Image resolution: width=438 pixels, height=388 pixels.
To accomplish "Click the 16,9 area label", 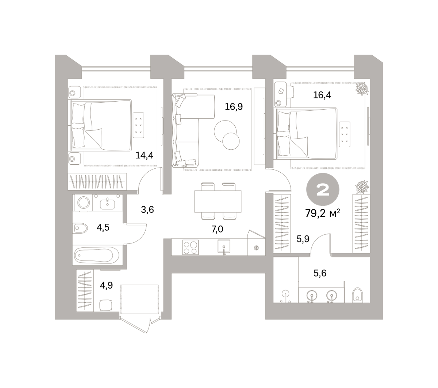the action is [234, 107].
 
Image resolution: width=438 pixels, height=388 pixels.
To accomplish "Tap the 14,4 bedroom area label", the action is [144, 155].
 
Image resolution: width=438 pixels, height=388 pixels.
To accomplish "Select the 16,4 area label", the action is [322, 95].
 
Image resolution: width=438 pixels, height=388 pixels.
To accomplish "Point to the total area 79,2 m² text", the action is [323, 213].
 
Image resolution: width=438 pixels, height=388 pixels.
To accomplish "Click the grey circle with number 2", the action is [323, 189].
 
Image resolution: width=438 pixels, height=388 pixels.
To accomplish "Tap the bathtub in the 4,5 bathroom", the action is [97, 255].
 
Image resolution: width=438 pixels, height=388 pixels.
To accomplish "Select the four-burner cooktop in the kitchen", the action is [190, 247].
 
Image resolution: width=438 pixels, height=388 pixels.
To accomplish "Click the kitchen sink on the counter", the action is [224, 246].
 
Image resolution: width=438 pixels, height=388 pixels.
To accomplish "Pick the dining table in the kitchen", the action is [218, 201].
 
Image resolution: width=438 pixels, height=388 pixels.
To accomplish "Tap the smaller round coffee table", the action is [231, 141].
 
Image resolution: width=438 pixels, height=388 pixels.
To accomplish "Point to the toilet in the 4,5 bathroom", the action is [81, 228].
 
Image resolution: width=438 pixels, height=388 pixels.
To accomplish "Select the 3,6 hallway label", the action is [147, 209].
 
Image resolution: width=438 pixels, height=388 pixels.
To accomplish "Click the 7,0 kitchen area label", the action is [217, 229].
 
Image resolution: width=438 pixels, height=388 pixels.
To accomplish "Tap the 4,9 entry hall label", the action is [106, 286].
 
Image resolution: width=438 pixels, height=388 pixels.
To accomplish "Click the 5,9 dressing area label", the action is [303, 239].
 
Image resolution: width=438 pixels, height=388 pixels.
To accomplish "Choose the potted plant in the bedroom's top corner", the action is [362, 89].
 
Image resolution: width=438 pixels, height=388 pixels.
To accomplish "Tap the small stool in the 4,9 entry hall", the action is [105, 305].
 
